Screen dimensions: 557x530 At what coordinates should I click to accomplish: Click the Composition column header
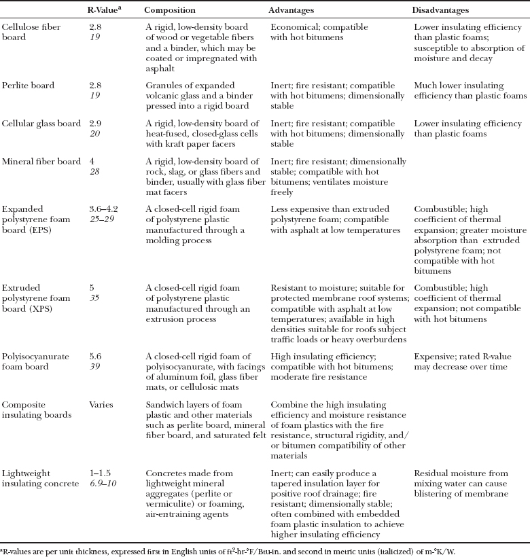[x=170, y=11]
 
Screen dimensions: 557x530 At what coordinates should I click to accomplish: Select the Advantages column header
[x=294, y=11]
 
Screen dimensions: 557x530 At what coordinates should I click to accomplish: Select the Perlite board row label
[x=28, y=86]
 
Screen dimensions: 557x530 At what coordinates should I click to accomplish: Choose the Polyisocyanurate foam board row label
[x=34, y=359]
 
